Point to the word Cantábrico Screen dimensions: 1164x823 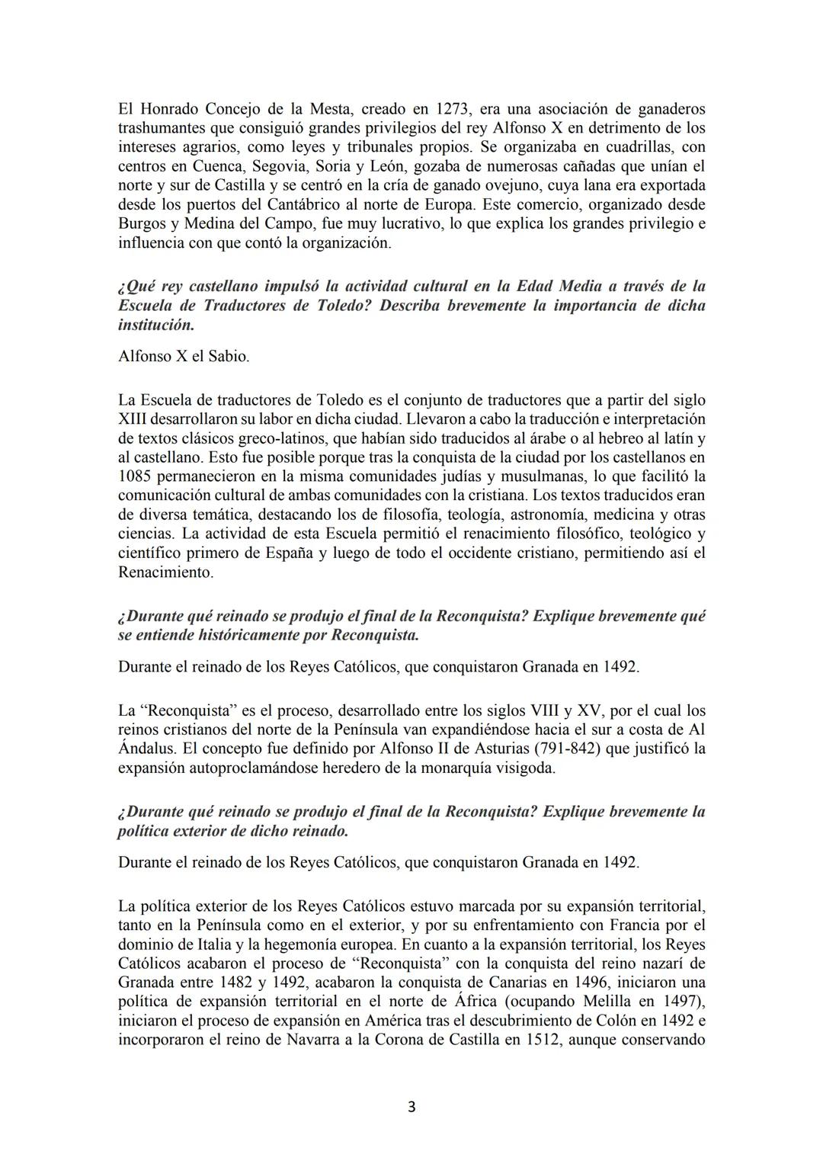pos(305,204)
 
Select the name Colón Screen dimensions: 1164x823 pos(610,1021)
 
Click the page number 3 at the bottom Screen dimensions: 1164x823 pos(411,1107)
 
